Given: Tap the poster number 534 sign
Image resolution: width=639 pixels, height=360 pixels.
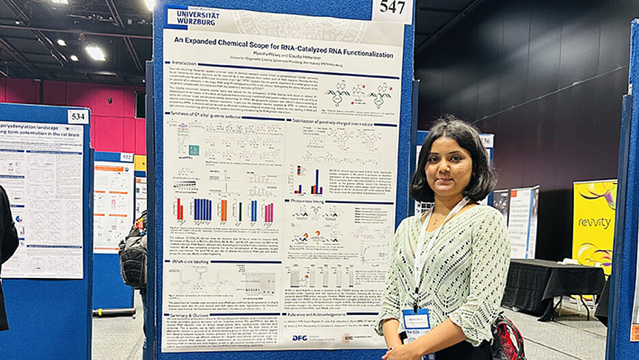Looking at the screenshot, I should (77, 117).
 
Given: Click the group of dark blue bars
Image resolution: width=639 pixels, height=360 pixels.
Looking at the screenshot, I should (202, 209).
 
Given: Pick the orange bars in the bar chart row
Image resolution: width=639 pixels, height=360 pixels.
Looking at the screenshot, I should (223, 210).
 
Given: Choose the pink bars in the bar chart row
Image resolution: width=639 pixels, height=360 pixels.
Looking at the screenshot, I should (269, 212).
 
